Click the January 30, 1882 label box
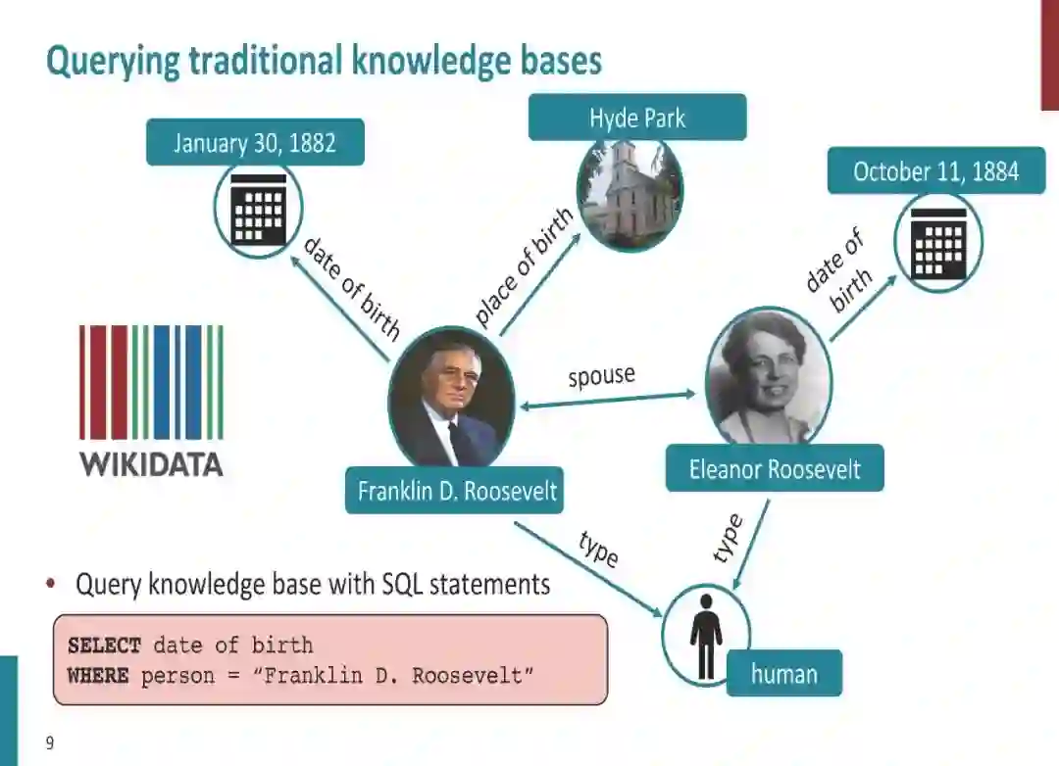click(x=255, y=143)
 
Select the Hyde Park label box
click(x=637, y=119)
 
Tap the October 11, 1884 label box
click(x=935, y=171)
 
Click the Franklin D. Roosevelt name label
click(x=457, y=490)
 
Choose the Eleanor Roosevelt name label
click(x=775, y=468)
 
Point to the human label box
click(x=783, y=673)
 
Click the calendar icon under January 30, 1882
click(x=258, y=210)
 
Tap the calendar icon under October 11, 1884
click(x=938, y=244)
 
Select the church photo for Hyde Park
click(x=630, y=194)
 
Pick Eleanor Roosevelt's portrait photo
click(x=769, y=377)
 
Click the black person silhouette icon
click(x=706, y=634)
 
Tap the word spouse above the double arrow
click(x=602, y=375)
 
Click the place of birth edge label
click(x=524, y=267)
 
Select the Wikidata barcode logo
click(x=151, y=381)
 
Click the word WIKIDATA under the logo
click(x=151, y=463)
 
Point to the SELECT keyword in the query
click(x=104, y=646)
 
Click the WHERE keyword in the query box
click(x=98, y=676)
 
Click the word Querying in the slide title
click(x=113, y=62)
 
